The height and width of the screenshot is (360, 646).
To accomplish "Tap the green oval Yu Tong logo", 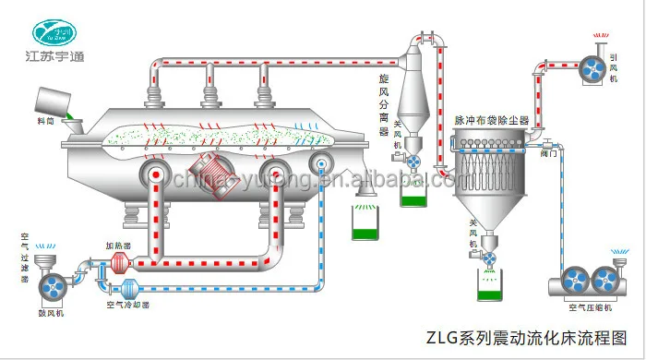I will point(59,31).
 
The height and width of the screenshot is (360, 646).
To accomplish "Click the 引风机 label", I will point(614,66).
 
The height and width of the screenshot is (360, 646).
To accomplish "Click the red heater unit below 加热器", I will point(117,263).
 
